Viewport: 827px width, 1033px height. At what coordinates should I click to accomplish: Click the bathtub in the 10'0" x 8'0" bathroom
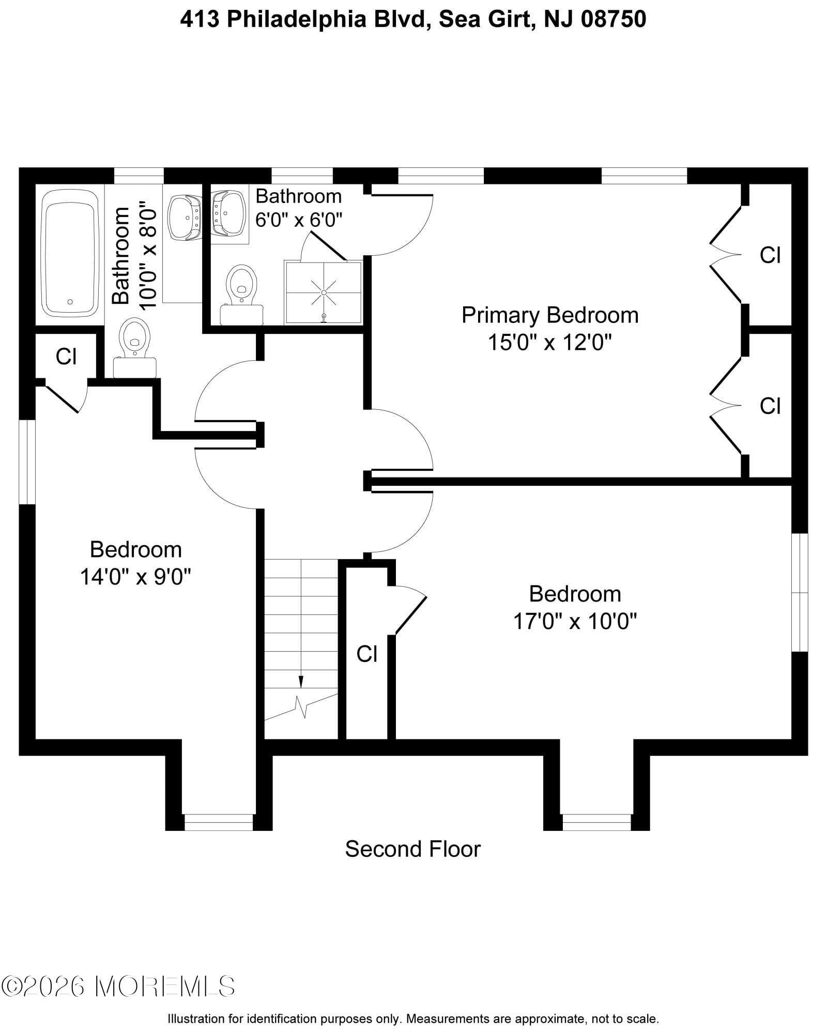click(x=70, y=253)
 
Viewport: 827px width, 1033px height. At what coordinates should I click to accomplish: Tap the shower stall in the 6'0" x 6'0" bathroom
click(x=324, y=292)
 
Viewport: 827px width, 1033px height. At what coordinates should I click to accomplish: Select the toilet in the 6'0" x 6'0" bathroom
click(x=242, y=295)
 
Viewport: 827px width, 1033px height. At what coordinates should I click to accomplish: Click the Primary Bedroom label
click(x=549, y=315)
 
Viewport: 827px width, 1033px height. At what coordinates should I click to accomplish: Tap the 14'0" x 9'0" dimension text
click(x=135, y=576)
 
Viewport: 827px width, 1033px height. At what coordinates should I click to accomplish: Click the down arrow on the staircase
click(x=301, y=683)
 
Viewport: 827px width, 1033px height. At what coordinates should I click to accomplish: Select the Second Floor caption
click(x=412, y=849)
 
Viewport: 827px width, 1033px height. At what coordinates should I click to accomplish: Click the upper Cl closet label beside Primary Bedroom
click(x=770, y=255)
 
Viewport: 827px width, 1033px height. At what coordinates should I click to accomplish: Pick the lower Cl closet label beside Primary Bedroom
click(x=770, y=406)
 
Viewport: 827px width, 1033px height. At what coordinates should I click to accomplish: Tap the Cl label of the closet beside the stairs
click(x=366, y=654)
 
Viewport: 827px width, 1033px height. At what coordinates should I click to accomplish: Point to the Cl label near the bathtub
click(x=66, y=356)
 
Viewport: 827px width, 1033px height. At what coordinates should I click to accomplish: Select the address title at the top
click(x=413, y=20)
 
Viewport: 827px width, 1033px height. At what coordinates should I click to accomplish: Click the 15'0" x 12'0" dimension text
click(x=549, y=342)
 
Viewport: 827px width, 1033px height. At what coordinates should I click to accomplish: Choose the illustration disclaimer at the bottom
click(x=413, y=1019)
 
